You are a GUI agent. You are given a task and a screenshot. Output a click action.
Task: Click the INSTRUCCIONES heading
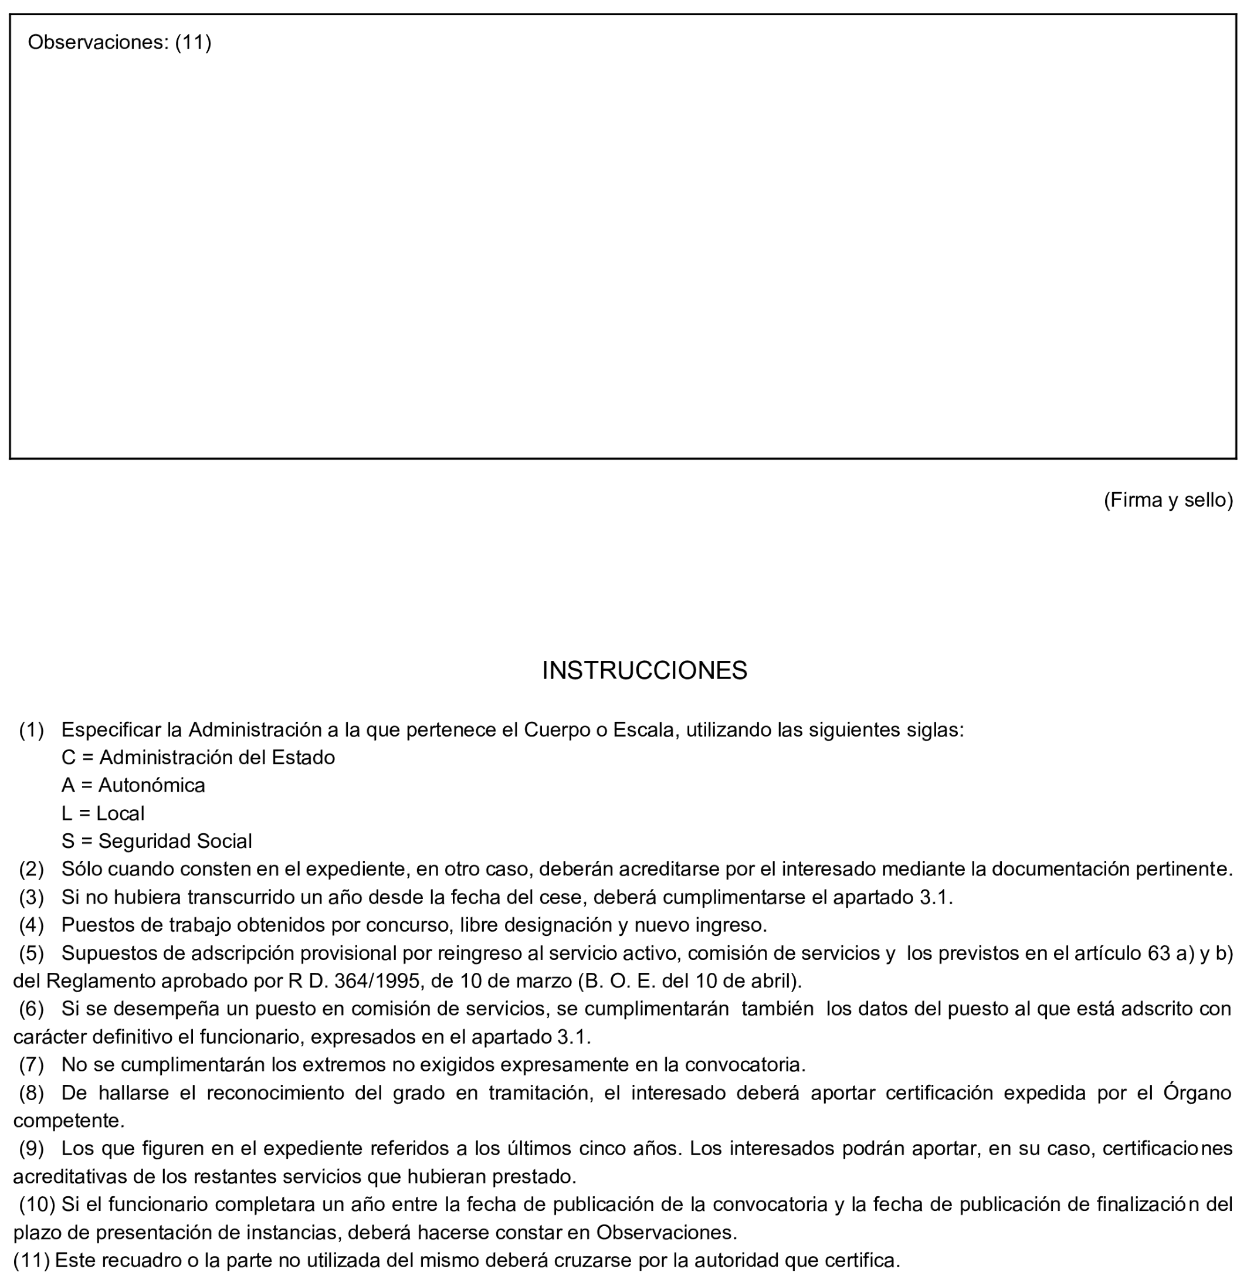[x=644, y=670]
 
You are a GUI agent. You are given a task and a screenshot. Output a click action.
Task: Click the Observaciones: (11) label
[x=120, y=43]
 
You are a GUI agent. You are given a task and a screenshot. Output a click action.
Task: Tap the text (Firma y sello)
[x=1168, y=500]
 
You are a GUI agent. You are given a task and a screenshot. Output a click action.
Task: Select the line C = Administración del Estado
[x=198, y=758]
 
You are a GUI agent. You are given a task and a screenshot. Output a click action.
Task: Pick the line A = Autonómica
[x=133, y=785]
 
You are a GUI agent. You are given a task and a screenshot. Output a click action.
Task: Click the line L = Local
[x=103, y=813]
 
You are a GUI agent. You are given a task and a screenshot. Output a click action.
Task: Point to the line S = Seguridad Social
[x=157, y=841]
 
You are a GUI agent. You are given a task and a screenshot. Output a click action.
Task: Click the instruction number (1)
[x=32, y=729]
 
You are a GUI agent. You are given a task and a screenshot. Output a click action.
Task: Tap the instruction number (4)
[x=32, y=925]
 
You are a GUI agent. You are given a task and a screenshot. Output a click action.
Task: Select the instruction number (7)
[x=32, y=1064]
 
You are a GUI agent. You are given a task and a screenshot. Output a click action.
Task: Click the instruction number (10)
[x=38, y=1204]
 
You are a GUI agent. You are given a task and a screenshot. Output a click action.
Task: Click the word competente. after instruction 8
[x=69, y=1121]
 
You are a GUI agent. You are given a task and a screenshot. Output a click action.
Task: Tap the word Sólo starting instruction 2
[x=82, y=870]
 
